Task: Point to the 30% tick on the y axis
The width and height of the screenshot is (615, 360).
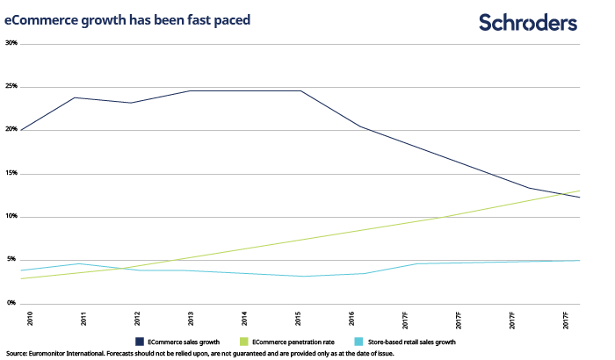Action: [x=11, y=43]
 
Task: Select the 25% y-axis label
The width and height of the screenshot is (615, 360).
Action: [x=11, y=87]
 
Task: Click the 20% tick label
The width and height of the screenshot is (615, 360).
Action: [x=11, y=130]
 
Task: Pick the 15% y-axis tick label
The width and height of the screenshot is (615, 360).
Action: [x=11, y=173]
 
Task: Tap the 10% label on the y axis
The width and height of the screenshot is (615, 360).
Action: [x=11, y=216]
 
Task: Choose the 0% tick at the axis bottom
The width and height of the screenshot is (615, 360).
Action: [x=10, y=303]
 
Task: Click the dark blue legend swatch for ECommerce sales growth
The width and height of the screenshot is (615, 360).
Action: [x=140, y=341]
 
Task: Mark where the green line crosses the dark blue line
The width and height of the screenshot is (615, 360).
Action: [x=567, y=194]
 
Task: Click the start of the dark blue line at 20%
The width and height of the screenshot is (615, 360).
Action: [x=20, y=130]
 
